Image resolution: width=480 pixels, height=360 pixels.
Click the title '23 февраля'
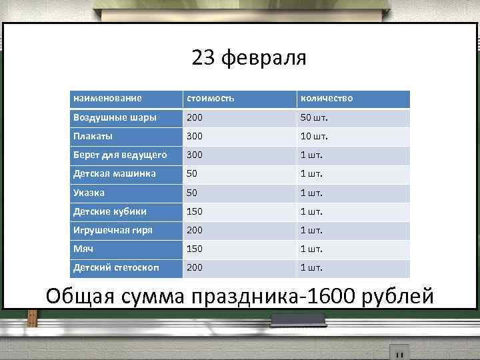249,59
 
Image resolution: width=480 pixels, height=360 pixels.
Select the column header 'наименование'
107,99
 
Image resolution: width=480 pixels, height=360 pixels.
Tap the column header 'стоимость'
211,99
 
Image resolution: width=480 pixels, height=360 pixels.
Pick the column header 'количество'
326,99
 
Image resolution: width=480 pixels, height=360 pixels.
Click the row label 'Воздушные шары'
115,117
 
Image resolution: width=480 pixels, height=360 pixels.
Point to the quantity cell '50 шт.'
315,117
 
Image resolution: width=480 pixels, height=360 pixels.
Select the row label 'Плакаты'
93,136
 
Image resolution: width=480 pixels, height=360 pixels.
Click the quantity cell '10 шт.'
315,136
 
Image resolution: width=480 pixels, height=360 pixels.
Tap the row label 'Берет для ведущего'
120,155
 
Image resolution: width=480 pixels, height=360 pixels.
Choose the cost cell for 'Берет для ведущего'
195,155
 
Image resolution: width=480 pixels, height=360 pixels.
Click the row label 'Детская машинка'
115,173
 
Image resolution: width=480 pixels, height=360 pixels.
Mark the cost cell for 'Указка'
192,193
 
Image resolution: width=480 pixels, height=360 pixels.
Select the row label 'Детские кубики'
110,211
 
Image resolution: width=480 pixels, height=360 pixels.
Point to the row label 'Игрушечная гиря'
113,230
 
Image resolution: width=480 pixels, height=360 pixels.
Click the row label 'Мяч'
83,249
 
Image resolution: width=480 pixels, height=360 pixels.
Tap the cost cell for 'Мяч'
195,249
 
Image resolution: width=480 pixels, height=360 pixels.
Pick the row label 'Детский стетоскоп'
116,267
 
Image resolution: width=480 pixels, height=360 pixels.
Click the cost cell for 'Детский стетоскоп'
195,267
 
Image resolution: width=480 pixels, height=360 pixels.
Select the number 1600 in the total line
328,295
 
